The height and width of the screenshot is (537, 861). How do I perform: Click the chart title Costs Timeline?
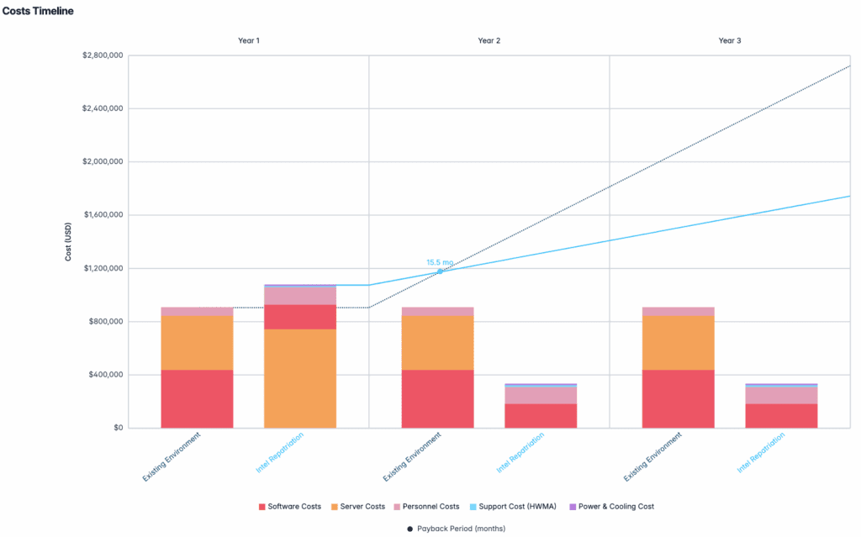38,11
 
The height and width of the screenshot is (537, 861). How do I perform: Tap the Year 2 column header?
489,40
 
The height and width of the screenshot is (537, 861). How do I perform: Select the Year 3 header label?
730,40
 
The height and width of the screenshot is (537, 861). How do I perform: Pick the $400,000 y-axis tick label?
104,375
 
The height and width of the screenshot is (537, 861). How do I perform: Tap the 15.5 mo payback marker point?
440,271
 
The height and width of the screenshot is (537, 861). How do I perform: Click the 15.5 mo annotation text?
440,261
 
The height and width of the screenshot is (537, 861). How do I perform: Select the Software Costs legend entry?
289,507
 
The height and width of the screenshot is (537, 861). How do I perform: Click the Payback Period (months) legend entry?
456,529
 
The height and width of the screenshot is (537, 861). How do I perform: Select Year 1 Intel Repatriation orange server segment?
300,378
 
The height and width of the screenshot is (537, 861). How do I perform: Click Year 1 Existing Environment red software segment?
197,398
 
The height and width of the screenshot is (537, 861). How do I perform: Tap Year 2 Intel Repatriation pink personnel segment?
541,395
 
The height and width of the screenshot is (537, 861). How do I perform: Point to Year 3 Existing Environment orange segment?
678,342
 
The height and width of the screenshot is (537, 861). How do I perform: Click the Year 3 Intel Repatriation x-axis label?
762,453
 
